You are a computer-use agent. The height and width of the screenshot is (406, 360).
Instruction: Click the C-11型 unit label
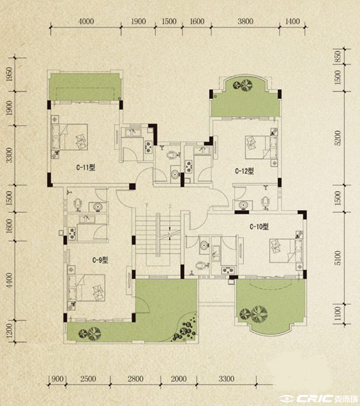coord(86,168)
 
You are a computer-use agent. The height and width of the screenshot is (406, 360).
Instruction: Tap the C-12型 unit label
coord(244,171)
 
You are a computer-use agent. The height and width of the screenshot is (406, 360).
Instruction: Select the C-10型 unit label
coord(259,226)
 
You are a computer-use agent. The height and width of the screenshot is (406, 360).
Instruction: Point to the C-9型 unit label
coord(100,260)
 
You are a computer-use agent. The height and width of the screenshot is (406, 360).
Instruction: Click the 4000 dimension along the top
coord(86,21)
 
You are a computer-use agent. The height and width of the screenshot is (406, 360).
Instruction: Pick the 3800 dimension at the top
coord(246,21)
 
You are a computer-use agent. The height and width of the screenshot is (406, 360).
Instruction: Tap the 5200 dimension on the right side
coord(338,138)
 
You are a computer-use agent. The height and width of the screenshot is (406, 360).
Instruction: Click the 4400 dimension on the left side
coord(9,280)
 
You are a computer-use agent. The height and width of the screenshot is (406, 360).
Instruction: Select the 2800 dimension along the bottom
coord(135,379)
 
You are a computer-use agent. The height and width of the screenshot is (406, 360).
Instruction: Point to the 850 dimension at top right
coord(338,56)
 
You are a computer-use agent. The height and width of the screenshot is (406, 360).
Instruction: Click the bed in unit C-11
coord(73,137)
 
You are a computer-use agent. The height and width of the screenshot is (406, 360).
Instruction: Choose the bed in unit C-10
coord(282,251)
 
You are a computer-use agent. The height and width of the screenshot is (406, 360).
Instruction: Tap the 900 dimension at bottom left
coord(57,379)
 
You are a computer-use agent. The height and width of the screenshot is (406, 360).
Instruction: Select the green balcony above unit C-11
coord(85,87)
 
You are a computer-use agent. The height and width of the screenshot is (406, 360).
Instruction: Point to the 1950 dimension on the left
coord(9,75)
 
